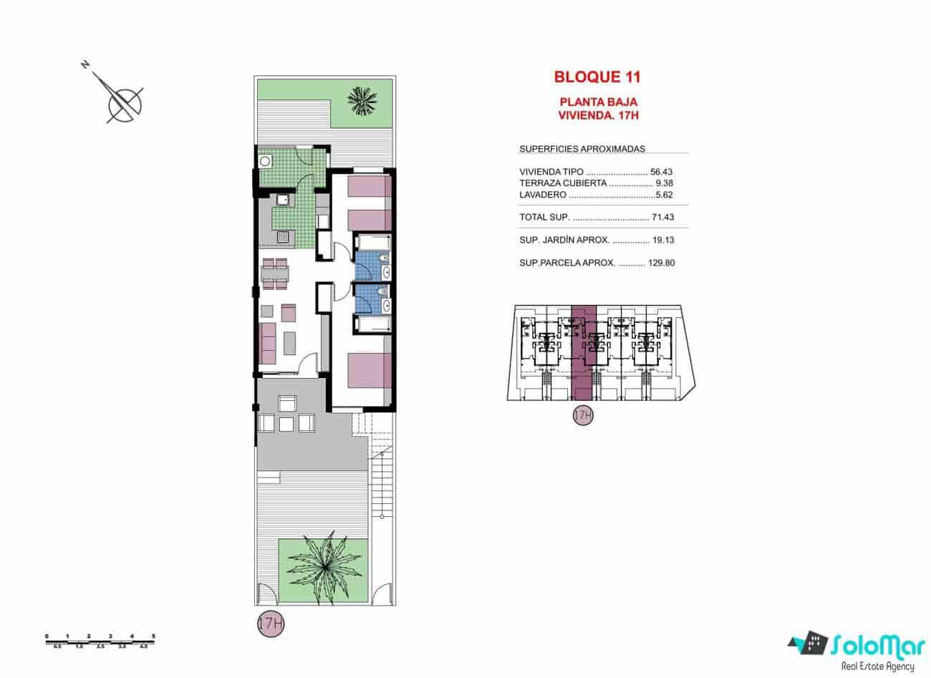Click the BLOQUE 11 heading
(597, 76)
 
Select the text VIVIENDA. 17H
(597, 114)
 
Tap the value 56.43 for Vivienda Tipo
(662, 172)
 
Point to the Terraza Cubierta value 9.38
(665, 183)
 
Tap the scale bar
(100, 641)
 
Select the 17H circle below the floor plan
(270, 623)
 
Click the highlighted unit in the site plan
(584, 351)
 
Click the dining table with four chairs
(275, 273)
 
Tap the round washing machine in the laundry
(266, 160)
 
